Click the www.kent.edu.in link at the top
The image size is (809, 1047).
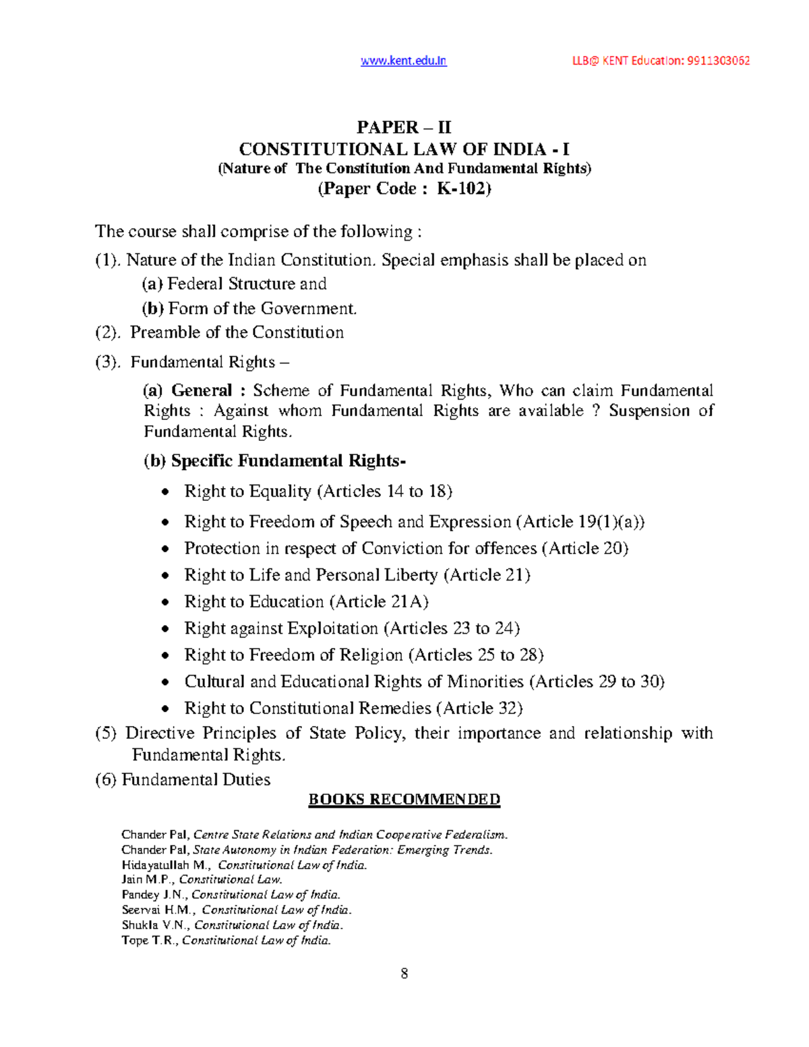(403, 61)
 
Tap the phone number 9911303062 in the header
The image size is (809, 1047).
(719, 61)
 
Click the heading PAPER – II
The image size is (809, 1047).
(404, 127)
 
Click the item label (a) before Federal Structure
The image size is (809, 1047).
(152, 284)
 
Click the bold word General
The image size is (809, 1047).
(202, 391)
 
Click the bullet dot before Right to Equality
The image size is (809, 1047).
(165, 492)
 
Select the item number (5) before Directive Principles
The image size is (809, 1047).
(106, 734)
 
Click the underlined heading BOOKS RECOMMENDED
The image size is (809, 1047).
(404, 800)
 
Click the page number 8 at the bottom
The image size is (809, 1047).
(404, 974)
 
